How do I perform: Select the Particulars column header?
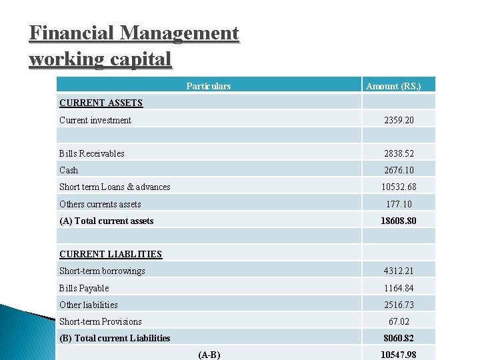(x=209, y=86)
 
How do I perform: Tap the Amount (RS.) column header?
(x=393, y=86)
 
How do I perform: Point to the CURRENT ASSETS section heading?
(x=101, y=103)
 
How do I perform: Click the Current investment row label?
(x=95, y=121)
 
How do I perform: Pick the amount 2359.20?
(x=399, y=121)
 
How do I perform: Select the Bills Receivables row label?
(x=92, y=153)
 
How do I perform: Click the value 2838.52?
(x=399, y=153)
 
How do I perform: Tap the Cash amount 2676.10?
(x=399, y=170)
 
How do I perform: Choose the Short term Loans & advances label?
(x=115, y=187)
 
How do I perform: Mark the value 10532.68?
(x=399, y=187)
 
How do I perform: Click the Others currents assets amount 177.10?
(x=399, y=204)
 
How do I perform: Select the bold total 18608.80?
(x=399, y=221)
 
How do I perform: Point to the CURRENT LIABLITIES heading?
(x=111, y=254)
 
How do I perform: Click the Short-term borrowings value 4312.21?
(x=399, y=271)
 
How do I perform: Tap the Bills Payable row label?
(x=84, y=288)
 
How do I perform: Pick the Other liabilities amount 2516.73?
(x=399, y=305)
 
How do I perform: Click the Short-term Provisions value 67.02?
(x=399, y=321)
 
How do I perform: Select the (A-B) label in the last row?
(x=209, y=355)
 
